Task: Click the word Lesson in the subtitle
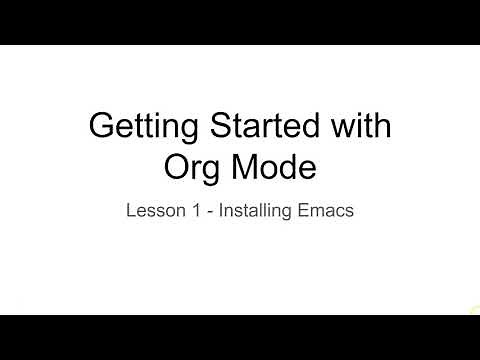(x=151, y=211)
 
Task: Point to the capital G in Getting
(x=102, y=127)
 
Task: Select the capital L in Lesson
(x=130, y=211)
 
